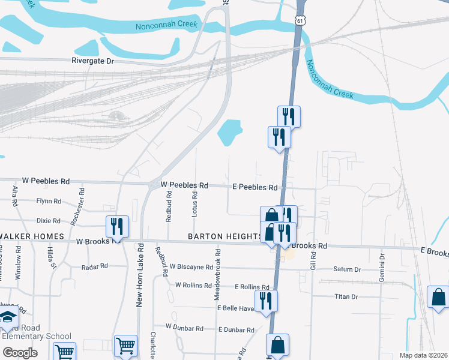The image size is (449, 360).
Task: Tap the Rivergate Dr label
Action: coord(92,61)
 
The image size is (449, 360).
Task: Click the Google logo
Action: coord(20,352)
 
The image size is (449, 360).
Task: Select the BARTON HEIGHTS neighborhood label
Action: coord(225,236)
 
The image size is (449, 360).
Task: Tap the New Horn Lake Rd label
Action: coord(139,275)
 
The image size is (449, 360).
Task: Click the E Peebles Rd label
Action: coord(255,187)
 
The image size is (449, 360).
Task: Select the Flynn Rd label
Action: coord(49,201)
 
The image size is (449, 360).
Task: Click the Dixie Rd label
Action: coord(49,221)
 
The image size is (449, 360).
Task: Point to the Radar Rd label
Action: coord(94,266)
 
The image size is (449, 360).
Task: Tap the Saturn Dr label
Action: coord(348,269)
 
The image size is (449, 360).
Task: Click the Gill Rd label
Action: coord(313,260)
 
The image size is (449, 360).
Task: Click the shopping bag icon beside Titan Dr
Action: coord(438,297)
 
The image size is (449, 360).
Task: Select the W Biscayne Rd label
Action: coord(191,266)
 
